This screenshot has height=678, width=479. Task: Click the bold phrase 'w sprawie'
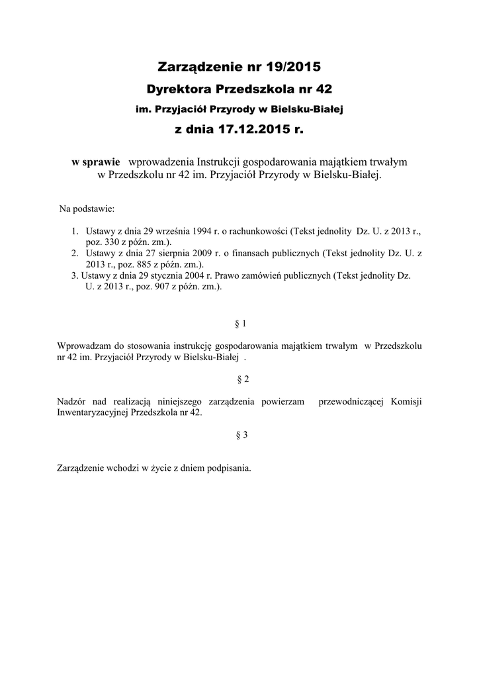[x=96, y=162]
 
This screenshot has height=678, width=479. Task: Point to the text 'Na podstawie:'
[x=87, y=209]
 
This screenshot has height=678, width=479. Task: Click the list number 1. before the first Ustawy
[x=75, y=232]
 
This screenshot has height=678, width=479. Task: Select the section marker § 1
[x=241, y=324]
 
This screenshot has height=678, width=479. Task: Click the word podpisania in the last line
[x=228, y=467]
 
